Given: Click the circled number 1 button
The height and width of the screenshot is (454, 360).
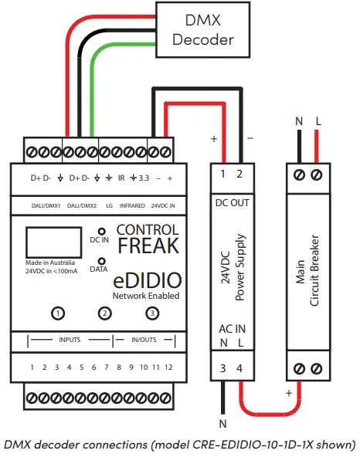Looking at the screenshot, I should [x=58, y=313].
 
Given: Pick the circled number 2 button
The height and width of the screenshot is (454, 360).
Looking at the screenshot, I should [x=106, y=313].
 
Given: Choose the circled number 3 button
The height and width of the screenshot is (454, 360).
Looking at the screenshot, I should [x=154, y=313].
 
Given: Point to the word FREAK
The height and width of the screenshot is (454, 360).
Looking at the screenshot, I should [x=148, y=246].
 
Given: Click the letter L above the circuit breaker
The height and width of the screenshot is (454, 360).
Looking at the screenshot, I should [x=318, y=121].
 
